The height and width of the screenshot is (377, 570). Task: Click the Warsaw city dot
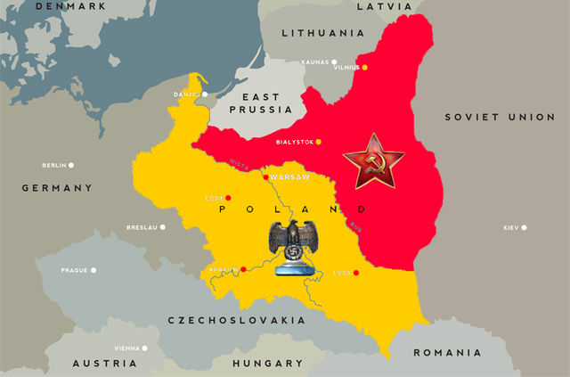point(265,176)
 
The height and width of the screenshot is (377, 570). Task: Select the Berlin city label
point(54,165)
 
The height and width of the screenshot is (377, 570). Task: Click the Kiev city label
point(510,227)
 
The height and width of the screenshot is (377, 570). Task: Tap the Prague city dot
point(93,270)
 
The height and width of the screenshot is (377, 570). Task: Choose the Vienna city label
point(126,348)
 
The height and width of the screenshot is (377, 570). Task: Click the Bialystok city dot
point(318,142)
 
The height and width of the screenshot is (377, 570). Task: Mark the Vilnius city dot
point(364,68)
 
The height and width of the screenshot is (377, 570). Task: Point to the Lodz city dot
point(228,198)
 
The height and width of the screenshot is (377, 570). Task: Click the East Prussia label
point(260,102)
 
